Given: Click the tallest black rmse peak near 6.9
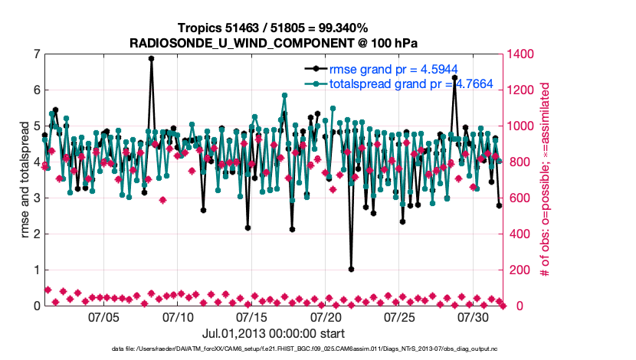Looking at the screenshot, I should [x=151, y=58].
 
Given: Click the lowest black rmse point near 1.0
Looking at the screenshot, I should [x=351, y=270].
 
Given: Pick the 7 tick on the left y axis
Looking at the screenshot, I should [x=36, y=54].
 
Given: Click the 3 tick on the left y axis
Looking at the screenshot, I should [x=36, y=198].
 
